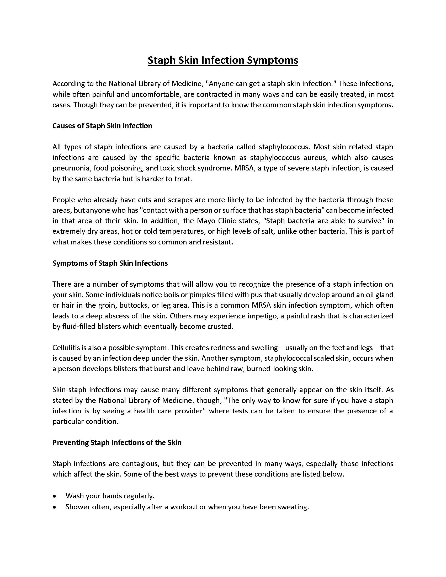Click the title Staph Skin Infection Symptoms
point(223,60)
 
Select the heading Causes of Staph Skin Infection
point(102,126)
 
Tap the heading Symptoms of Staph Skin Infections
point(110,263)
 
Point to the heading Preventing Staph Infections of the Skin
point(117,442)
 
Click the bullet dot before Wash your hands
point(54,496)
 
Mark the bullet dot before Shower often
point(54,507)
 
